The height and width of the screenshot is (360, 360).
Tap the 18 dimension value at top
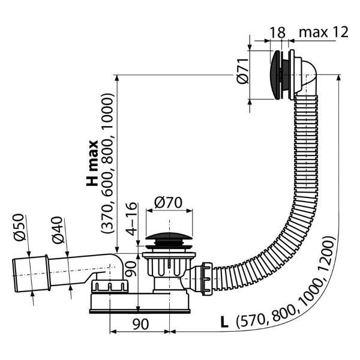tap(277, 32)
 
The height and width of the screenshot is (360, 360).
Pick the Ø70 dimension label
tap(168, 202)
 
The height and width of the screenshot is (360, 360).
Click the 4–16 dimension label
tap(131, 218)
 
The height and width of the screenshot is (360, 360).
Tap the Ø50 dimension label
tap(19, 227)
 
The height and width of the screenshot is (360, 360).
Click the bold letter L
tap(224, 322)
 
